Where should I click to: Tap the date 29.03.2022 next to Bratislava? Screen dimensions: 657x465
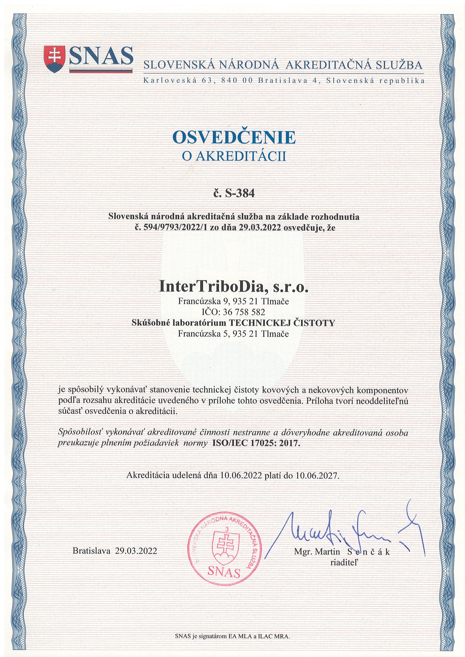tap(136, 551)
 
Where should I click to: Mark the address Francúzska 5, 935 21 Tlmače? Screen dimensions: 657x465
tap(233, 334)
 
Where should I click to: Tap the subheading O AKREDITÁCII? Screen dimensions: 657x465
tap(234, 157)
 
